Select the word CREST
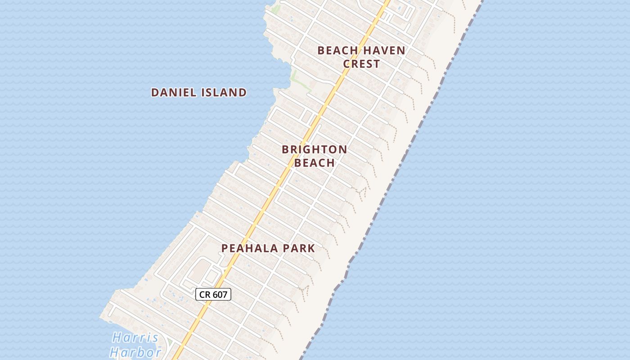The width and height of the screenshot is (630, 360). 361,64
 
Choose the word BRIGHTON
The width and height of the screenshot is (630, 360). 314,149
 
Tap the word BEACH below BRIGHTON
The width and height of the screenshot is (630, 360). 314,163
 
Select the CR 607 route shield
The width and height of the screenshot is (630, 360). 213,295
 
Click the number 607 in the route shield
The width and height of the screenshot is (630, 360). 220,295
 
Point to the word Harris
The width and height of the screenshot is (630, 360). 135,337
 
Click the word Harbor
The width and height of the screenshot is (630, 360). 135,352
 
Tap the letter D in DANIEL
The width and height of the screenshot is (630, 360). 155,93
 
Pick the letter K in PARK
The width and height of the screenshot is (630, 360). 311,248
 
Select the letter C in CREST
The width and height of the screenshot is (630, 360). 347,64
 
